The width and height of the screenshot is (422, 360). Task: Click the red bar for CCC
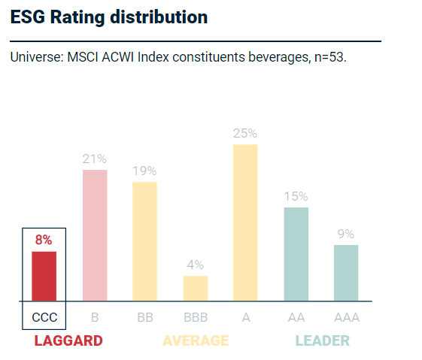pyautogui.click(x=44, y=276)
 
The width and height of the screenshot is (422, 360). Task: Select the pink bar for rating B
pyautogui.click(x=95, y=235)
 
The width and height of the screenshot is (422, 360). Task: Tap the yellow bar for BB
pyautogui.click(x=144, y=241)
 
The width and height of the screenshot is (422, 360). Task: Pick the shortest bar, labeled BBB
pyautogui.click(x=196, y=288)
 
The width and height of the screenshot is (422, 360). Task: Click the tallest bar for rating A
pyautogui.click(x=245, y=222)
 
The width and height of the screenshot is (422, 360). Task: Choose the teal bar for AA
pyautogui.click(x=296, y=254)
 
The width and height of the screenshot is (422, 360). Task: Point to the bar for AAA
pyautogui.click(x=346, y=273)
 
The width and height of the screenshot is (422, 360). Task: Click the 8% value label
pyautogui.click(x=44, y=241)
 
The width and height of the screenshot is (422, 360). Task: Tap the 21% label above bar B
pyautogui.click(x=95, y=159)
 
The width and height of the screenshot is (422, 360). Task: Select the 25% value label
pyautogui.click(x=245, y=133)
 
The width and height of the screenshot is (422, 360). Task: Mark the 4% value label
pyautogui.click(x=196, y=265)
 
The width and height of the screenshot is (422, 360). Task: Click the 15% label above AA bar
pyautogui.click(x=296, y=196)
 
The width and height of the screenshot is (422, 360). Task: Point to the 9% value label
pyautogui.click(x=346, y=234)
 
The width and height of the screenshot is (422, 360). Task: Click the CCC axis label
pyautogui.click(x=44, y=317)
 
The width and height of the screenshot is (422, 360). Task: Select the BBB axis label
pyautogui.click(x=196, y=317)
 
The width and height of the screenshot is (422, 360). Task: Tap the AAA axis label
pyautogui.click(x=346, y=317)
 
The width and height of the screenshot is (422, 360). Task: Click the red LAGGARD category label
pyautogui.click(x=68, y=341)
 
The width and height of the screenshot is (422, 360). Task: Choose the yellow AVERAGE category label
pyautogui.click(x=196, y=341)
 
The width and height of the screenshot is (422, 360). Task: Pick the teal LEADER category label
pyautogui.click(x=322, y=341)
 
